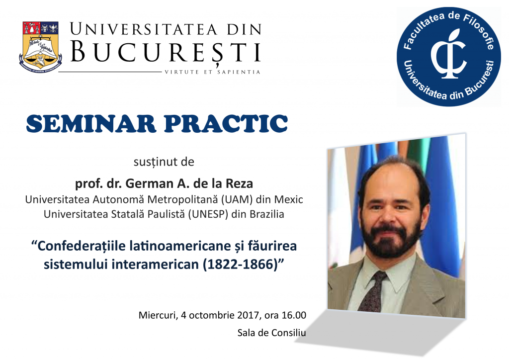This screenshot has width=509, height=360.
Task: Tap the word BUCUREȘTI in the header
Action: click(166, 52)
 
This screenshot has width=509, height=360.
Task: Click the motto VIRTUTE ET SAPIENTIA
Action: click(213, 72)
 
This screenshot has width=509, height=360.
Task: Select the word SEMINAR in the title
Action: click(91, 123)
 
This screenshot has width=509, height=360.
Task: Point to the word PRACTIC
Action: click(226, 123)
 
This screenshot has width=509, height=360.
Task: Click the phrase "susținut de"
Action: click(164, 162)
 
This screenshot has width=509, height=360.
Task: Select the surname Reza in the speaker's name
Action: click(239, 183)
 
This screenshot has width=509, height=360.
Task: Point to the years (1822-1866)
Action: click(241, 264)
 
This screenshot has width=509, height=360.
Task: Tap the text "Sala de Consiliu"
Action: click(272, 333)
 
